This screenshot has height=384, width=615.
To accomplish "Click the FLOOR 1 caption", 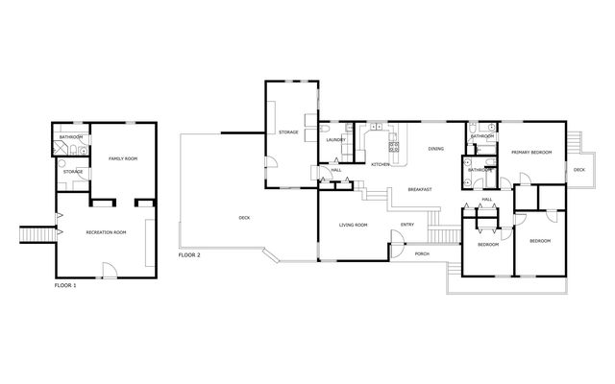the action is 65,285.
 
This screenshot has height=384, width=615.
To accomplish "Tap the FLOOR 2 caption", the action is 189,255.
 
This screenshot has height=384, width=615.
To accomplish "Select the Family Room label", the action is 123,158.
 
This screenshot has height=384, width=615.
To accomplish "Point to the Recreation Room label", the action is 106,232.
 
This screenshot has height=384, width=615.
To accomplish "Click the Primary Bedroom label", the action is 531,152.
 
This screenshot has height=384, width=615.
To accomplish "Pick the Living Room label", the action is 353,225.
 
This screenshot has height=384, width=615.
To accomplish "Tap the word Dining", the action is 435,149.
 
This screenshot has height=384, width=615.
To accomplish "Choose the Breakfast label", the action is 420,189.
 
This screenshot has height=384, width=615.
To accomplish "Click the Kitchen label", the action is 381,164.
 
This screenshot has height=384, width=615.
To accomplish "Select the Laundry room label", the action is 335,139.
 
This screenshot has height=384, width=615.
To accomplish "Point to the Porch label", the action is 422,253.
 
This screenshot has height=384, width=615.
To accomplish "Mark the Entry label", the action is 407,225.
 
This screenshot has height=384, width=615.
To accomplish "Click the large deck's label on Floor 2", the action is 244,218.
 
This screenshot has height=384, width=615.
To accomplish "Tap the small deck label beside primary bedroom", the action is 578,170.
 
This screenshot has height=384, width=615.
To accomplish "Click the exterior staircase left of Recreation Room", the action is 38,234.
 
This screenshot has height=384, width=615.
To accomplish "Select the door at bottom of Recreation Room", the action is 111,271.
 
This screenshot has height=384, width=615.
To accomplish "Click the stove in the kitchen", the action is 393,147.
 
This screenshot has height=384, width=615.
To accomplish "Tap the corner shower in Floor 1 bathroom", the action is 60,148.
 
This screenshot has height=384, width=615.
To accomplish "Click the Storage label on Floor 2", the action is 288,132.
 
